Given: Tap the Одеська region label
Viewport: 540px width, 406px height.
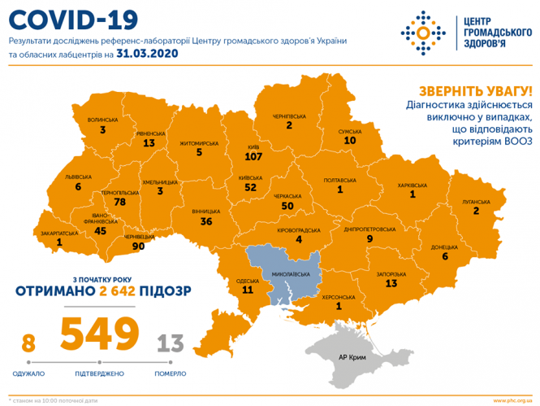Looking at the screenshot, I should (248, 279).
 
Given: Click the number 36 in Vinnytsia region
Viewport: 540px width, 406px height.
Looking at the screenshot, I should (206, 220).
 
